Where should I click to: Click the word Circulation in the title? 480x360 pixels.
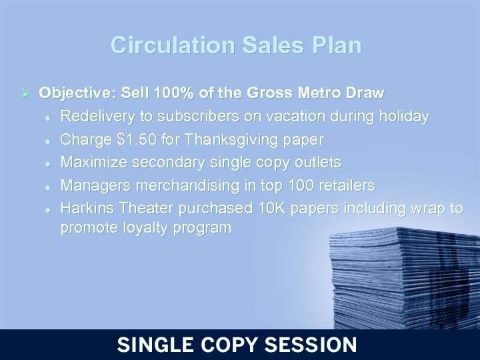(172, 45)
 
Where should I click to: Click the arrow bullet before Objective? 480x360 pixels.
(27, 92)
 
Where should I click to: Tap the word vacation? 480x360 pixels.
(302, 116)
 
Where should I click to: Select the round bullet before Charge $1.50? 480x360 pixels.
(48, 141)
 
